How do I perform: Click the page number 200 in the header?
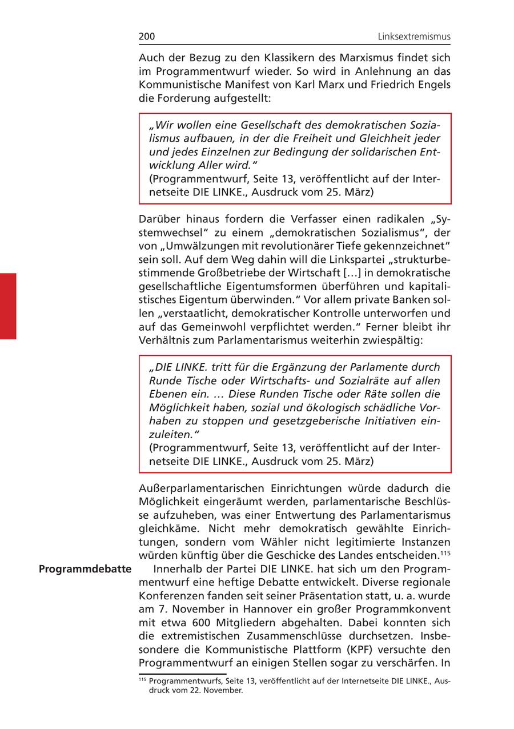147,37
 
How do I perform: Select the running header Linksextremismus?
414,37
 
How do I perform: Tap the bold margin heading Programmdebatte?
85,569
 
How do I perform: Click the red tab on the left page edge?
8,306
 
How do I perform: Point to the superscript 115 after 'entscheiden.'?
445,553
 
